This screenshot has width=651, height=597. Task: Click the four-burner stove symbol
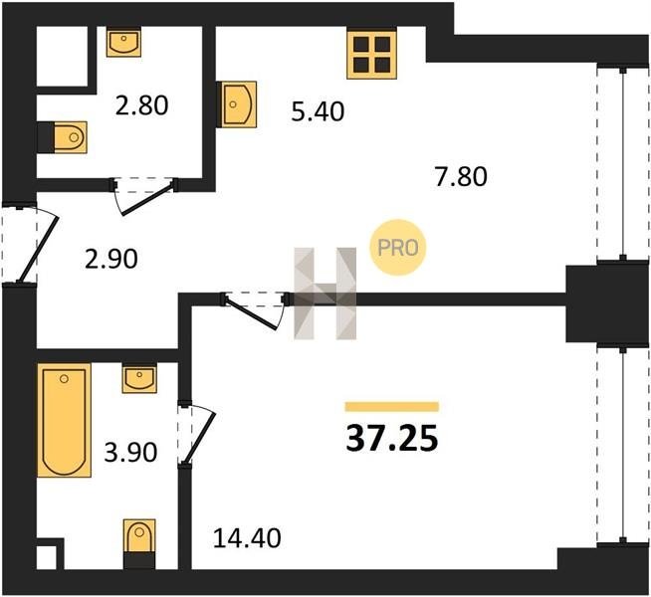[371, 55]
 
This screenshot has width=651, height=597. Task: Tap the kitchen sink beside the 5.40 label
[236, 104]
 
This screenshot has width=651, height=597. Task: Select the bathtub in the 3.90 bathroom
[64, 420]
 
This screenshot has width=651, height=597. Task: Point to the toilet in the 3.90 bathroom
[139, 543]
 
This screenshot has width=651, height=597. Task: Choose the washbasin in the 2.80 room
[123, 42]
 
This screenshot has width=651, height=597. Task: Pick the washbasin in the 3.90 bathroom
[139, 378]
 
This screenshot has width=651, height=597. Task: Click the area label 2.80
[142, 104]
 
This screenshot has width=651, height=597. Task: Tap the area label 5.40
[318, 111]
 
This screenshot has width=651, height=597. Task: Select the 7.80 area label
[461, 176]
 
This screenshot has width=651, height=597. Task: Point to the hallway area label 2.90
[110, 259]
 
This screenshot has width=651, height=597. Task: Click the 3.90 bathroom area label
[130, 452]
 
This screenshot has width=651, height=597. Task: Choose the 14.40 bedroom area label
[247, 538]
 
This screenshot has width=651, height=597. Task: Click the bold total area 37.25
[392, 439]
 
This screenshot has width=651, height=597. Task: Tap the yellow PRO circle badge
[398, 248]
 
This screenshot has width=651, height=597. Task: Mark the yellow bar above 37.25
[392, 407]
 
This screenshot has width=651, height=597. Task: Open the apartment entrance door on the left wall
[29, 243]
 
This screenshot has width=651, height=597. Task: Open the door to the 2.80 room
[143, 195]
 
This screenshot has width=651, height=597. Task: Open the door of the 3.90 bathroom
[195, 434]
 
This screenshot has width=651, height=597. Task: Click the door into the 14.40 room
[254, 309]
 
